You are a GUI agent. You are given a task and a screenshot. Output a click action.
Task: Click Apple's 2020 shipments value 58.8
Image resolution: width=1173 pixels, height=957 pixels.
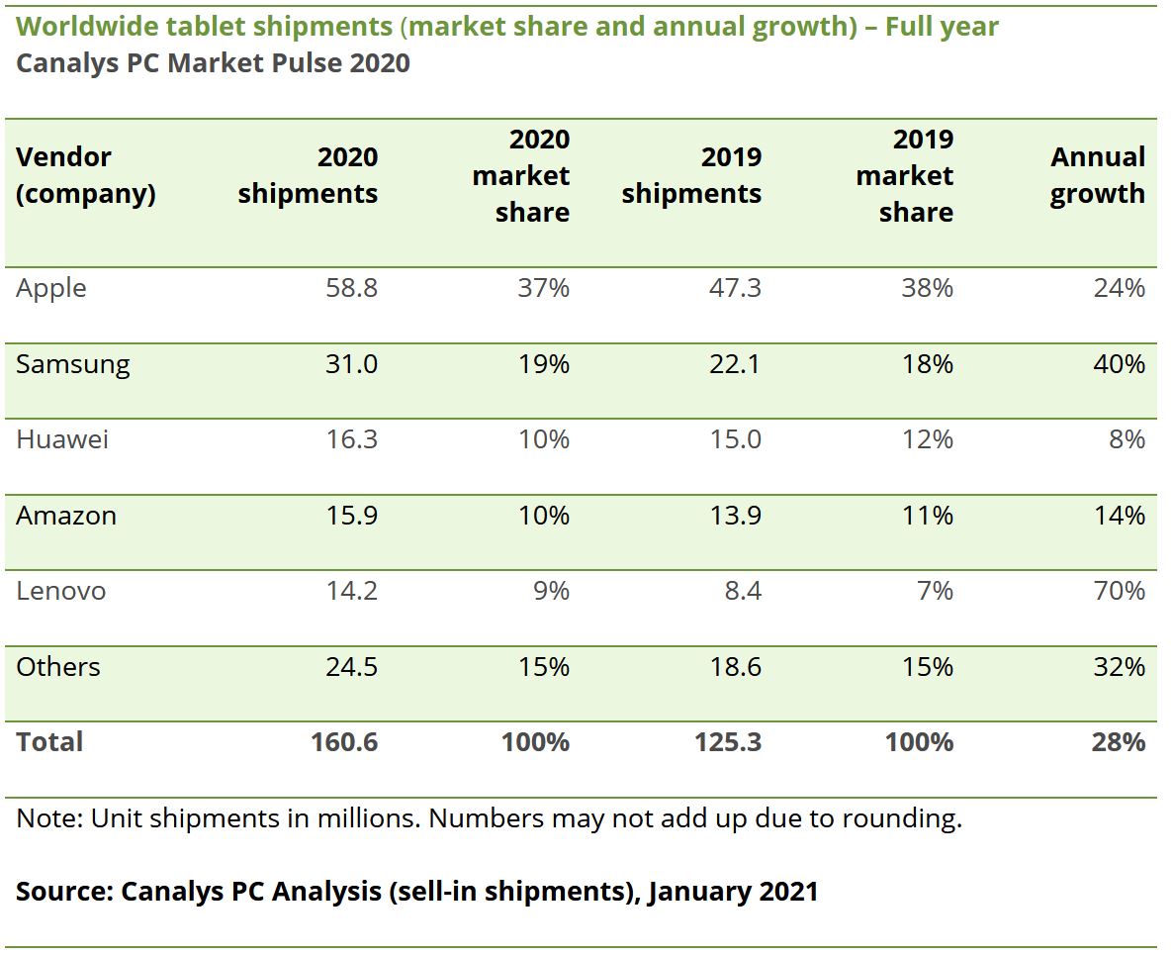[352, 288]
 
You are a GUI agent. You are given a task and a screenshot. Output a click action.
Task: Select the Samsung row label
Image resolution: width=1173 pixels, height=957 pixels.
[72, 364]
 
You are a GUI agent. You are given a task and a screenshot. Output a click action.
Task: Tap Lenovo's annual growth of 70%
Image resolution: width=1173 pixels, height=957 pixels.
[1120, 591]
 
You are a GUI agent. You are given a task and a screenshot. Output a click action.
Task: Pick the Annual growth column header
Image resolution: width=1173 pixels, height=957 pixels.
[1097, 175]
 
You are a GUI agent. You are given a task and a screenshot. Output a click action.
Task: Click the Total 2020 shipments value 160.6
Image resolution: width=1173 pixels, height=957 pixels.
[344, 742]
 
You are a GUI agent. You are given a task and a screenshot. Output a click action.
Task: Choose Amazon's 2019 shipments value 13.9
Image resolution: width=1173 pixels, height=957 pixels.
[735, 516]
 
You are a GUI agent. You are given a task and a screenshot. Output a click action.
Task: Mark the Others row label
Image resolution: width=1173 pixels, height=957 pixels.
[57, 667]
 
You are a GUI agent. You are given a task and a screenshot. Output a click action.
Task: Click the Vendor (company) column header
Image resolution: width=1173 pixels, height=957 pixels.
[85, 175]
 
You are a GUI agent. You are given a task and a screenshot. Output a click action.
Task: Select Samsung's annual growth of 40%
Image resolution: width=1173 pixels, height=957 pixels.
[1120, 364]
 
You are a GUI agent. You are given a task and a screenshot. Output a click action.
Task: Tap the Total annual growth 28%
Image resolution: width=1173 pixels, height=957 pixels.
[1119, 742]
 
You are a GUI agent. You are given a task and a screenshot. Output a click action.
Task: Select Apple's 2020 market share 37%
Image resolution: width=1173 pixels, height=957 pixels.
[544, 288]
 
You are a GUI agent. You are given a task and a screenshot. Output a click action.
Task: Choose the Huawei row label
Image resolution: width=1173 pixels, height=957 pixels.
[61, 439]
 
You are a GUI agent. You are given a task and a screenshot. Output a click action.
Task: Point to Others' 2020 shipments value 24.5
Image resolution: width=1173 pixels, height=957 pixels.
[352, 667]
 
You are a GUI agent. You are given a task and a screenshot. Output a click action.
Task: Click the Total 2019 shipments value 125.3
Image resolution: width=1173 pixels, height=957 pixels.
[728, 742]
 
